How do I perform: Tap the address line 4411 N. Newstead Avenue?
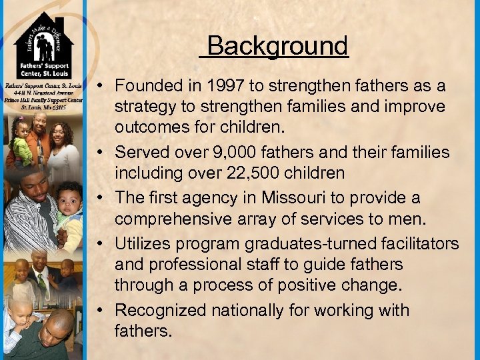tap(43, 93)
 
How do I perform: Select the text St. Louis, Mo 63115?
tap(43, 107)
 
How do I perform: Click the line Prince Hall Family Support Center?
tap(43, 100)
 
